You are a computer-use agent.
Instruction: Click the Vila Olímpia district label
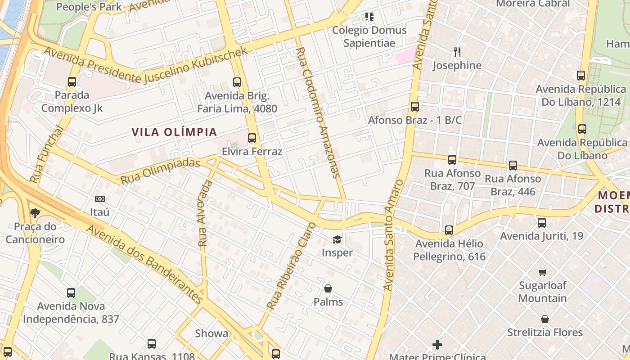(174, 132)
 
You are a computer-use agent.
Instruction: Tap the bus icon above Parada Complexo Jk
(72, 82)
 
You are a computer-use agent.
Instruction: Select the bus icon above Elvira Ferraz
(252, 138)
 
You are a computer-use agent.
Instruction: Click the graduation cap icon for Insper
(337, 239)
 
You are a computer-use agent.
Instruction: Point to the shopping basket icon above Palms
(328, 288)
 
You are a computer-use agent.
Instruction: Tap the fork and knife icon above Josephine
(457, 52)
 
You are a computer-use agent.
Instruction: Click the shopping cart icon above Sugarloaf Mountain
(543, 272)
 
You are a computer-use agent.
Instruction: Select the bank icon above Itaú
(100, 198)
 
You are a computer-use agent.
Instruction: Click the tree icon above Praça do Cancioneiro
(35, 213)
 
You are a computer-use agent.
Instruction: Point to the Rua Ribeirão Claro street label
(292, 265)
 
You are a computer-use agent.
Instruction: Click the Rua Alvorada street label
(204, 213)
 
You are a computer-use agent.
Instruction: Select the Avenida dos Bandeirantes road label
(145, 264)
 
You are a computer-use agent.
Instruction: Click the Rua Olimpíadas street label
(160, 171)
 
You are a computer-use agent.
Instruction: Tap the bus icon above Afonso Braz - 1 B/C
(415, 107)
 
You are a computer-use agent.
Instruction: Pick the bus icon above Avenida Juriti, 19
(542, 222)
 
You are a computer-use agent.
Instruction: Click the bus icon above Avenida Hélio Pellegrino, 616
(449, 230)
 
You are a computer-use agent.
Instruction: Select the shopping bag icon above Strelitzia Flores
(545, 319)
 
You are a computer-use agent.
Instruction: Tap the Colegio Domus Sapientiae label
(369, 36)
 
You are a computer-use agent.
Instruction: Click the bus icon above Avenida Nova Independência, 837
(71, 293)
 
